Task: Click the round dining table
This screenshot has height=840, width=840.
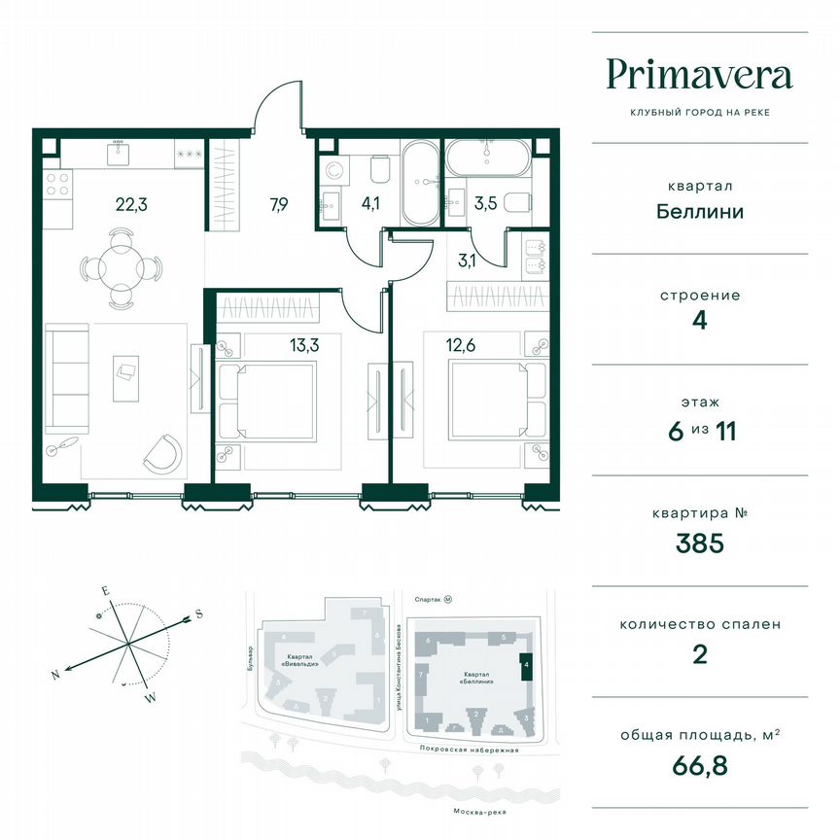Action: coord(120,264)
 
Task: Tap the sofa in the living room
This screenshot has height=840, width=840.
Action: coord(66,379)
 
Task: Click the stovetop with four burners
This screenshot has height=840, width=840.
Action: coord(58,192)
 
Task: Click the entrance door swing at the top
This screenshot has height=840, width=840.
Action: coord(275,108)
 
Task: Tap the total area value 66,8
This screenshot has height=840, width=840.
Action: coord(700,764)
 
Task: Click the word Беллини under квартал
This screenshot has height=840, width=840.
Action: coord(700,212)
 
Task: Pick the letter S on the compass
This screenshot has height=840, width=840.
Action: coord(198,612)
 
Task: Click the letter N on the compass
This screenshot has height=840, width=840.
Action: coord(56,674)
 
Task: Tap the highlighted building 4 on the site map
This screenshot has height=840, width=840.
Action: coord(526,667)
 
